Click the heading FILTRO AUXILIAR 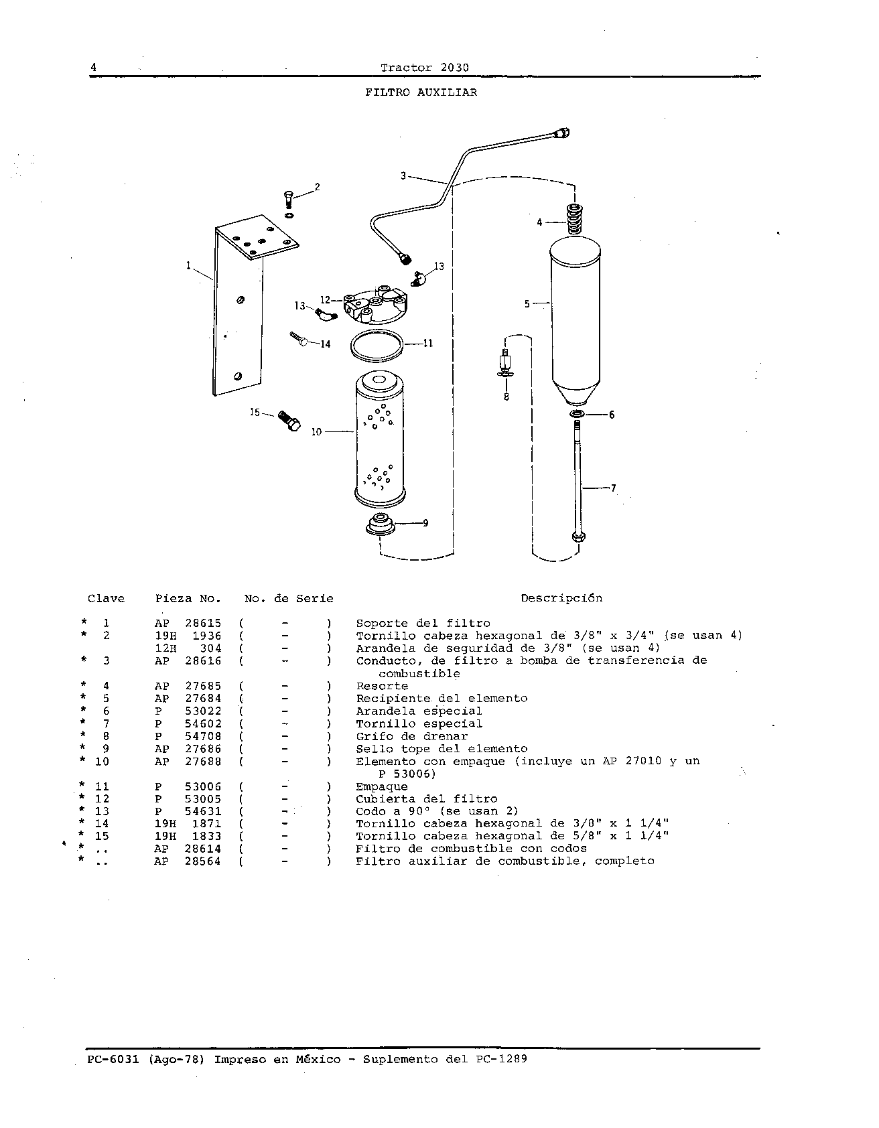(x=421, y=93)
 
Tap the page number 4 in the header (x=94, y=68)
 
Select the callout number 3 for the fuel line (x=403, y=176)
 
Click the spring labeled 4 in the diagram (x=574, y=219)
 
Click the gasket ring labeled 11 (x=378, y=345)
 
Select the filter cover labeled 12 (x=373, y=305)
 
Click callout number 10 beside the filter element (x=317, y=433)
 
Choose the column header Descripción (x=561, y=598)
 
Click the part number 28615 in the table (x=203, y=624)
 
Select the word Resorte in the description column (x=382, y=687)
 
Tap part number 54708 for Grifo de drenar (x=203, y=737)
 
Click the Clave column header (x=106, y=598)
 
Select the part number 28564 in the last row (x=203, y=862)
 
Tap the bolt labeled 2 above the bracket (x=288, y=200)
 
